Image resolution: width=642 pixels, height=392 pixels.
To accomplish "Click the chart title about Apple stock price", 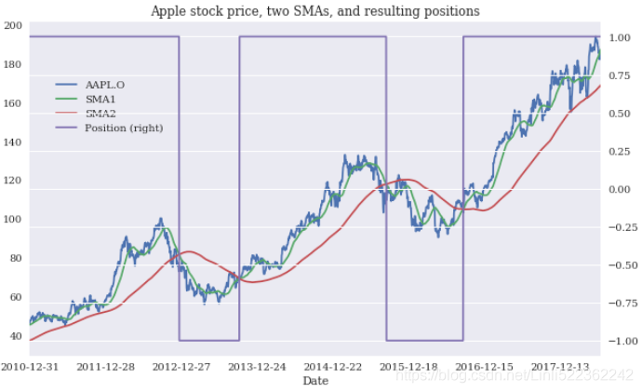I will click(314, 11).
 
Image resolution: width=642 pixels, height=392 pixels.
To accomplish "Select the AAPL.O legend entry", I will click(104, 85).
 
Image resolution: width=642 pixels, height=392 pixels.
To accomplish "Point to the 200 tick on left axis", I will click(13, 25).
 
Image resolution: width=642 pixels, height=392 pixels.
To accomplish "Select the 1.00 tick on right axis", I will click(620, 37).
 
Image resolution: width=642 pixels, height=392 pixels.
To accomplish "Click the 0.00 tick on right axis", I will click(620, 189).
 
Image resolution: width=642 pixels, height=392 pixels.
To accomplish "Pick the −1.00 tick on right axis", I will click(617, 341).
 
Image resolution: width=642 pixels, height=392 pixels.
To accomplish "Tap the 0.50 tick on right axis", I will click(620, 114).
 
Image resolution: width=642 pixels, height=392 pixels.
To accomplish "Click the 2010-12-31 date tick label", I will click(30, 367).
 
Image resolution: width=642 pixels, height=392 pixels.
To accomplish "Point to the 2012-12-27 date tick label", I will click(181, 367).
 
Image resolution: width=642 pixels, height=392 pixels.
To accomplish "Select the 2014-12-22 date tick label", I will click(333, 367).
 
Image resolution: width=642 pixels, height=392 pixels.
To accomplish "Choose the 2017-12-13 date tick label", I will click(561, 367).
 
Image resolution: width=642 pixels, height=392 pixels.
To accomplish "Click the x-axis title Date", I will click(314, 381).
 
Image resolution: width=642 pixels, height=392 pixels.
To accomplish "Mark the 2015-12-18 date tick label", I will click(409, 367).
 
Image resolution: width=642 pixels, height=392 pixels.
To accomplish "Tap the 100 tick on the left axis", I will click(13, 220).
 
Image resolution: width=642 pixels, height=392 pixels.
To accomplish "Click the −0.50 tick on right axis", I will click(617, 265).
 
